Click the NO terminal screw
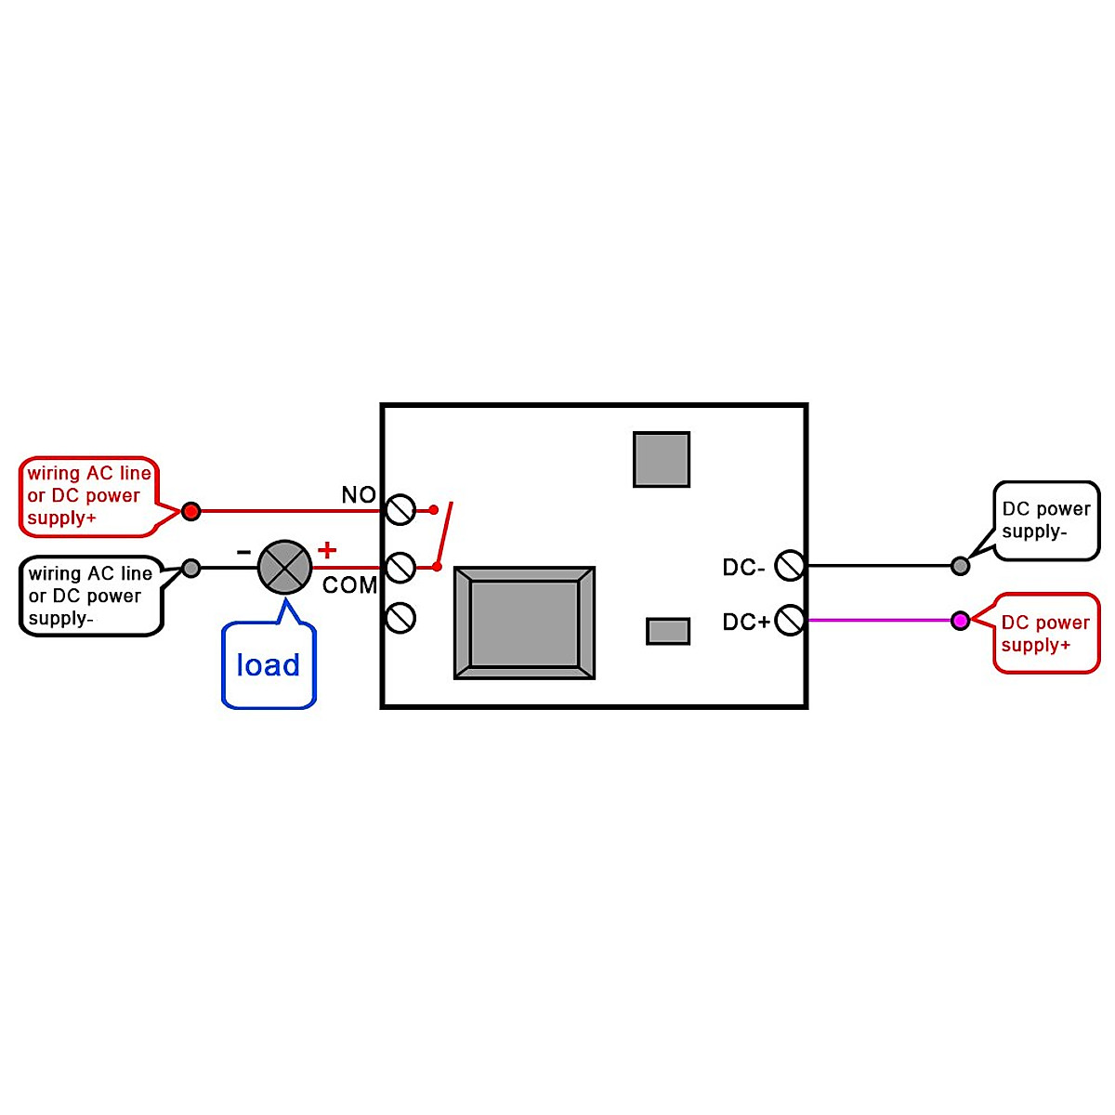[x=400, y=510]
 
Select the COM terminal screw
[x=400, y=567]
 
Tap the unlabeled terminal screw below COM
[x=400, y=617]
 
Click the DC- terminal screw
[x=789, y=565]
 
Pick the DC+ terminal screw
[x=789, y=620]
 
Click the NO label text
[x=359, y=495]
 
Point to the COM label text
[x=349, y=585]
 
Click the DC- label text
[x=743, y=567]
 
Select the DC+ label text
[x=746, y=622]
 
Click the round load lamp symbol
[x=284, y=567]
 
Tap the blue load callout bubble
[x=269, y=665]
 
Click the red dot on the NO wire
[x=190, y=510]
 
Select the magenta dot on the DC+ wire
[x=961, y=620]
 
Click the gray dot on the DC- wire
[x=961, y=565]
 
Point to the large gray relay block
[x=524, y=623]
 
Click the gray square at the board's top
[x=662, y=459]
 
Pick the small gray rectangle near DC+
[x=668, y=631]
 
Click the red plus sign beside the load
[x=326, y=550]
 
